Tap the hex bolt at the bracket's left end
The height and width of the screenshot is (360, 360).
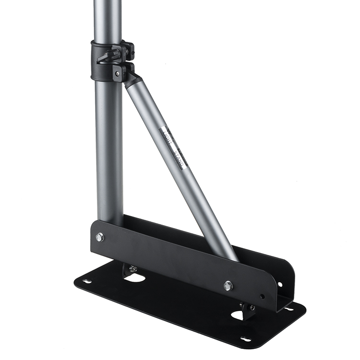100,237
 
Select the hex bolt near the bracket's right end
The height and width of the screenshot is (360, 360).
228,286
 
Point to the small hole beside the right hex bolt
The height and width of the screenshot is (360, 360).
262,296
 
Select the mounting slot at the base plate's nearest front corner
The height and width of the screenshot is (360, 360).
246,339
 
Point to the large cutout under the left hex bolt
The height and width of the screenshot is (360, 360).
136,278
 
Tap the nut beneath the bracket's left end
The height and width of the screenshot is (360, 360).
133,269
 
